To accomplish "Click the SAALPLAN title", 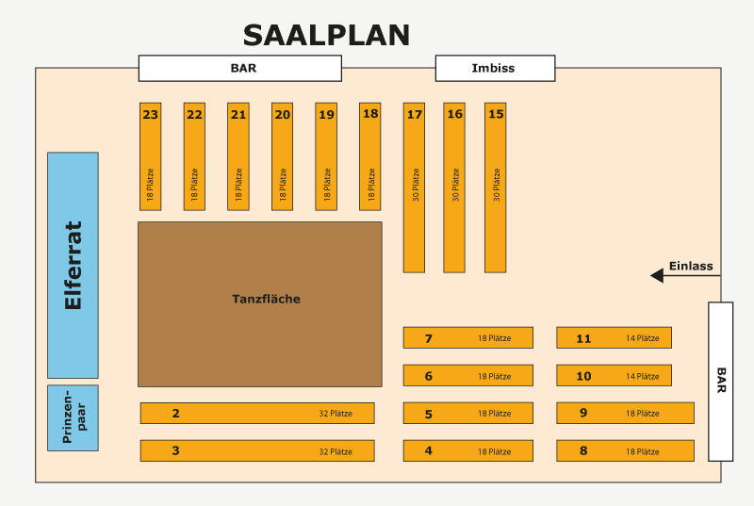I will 326,35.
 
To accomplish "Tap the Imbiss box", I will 495,68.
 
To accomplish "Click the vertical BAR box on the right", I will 720,381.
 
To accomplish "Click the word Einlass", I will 691,266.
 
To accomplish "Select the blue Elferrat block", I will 73,265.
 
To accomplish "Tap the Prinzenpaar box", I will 73,417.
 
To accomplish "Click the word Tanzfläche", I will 266,300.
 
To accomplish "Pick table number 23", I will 151,156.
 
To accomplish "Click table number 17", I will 414,187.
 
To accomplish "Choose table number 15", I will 496,187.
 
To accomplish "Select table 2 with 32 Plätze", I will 257,413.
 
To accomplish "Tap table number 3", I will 257,450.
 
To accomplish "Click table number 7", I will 467,338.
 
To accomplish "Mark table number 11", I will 614,338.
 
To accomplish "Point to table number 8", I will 625,450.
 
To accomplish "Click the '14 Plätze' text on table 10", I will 643,376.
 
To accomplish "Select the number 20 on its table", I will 283,115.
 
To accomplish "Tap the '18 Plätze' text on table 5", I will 494,414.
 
